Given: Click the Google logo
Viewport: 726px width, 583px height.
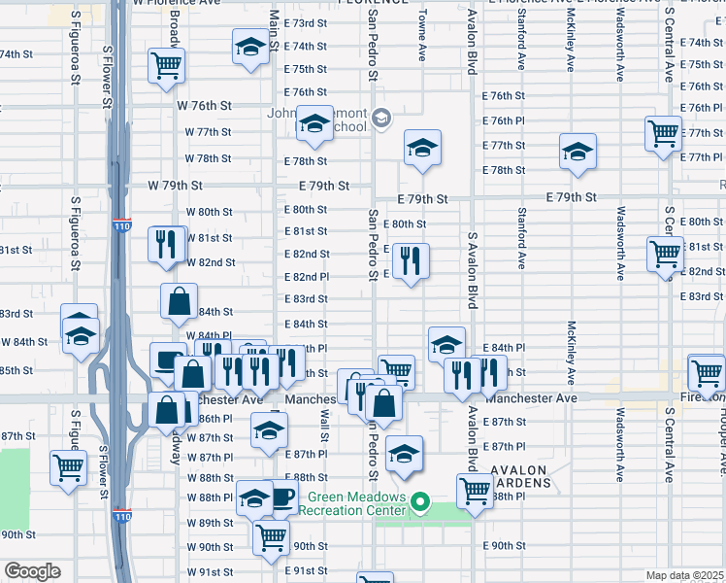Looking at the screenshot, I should [x=32, y=570].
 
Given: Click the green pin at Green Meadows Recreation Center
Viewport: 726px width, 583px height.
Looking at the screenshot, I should [x=419, y=503].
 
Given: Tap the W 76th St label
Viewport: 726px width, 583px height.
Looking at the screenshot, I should [x=204, y=105].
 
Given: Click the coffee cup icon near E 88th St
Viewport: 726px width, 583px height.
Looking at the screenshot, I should [x=280, y=497].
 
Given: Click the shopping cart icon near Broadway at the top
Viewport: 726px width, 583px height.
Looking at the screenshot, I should [x=166, y=65].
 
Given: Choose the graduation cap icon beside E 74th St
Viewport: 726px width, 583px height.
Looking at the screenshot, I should [x=249, y=46].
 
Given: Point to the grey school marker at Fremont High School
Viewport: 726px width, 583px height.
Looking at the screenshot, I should [x=381, y=119].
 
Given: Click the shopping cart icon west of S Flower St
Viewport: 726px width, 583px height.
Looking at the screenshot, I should [x=68, y=466].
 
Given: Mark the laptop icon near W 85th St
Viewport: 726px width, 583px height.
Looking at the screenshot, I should [x=167, y=360].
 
